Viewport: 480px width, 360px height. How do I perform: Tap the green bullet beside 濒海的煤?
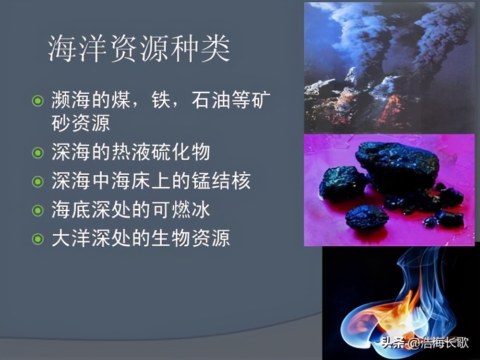(x=37, y=101)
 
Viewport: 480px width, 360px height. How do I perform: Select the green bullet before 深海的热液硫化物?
(x=37, y=153)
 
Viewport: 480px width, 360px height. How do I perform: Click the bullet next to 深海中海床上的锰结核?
(x=37, y=182)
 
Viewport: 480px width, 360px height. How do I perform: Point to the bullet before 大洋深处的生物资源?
(x=37, y=239)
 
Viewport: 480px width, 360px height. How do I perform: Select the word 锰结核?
(x=228, y=182)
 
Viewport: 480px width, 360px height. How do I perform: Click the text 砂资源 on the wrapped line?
(x=81, y=123)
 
